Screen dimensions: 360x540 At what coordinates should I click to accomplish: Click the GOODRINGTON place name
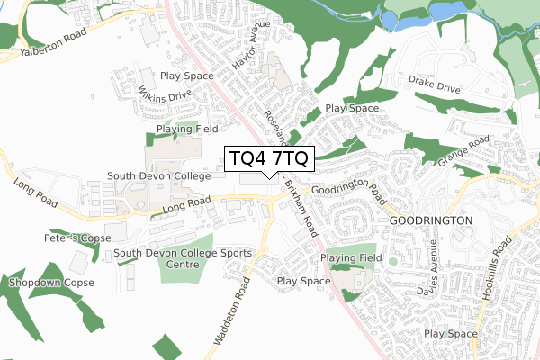point(430,220)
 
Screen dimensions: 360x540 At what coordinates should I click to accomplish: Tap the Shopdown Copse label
point(46,283)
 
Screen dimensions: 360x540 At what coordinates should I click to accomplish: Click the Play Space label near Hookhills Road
point(450,334)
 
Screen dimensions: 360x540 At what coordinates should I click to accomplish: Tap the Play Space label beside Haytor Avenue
point(187,77)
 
